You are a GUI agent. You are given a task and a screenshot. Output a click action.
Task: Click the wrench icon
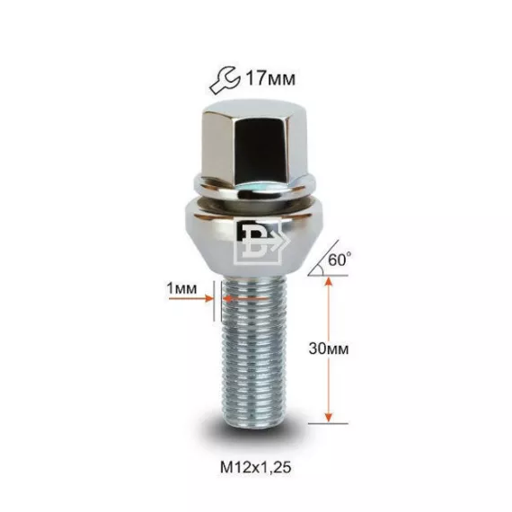(225, 80)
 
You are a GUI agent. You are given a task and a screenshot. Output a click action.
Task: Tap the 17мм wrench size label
(270, 79)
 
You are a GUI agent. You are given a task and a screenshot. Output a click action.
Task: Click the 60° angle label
(340, 260)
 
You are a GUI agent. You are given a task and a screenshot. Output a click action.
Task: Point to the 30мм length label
(329, 349)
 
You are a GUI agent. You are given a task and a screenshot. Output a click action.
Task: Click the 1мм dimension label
(181, 288)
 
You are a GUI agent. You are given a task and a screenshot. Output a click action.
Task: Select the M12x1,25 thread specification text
(256, 468)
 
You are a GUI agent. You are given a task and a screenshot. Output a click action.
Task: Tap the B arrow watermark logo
(261, 243)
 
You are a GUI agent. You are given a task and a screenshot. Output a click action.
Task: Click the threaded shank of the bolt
(254, 349)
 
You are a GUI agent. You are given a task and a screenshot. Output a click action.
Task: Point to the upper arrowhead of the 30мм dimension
(329, 281)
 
